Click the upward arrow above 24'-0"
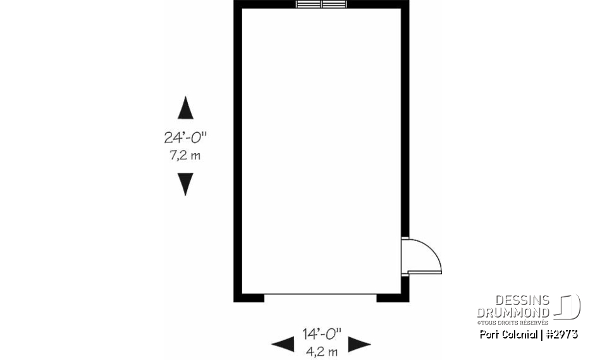185,108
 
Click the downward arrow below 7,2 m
185,184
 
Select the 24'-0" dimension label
185,137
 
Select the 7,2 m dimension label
185,155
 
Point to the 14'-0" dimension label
321,332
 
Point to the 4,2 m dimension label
321,351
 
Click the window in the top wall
321,4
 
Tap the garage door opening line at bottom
320,294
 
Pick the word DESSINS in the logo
522,301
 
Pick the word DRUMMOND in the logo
513,312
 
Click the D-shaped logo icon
568,307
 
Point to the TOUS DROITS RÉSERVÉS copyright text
518,322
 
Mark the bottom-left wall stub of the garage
249,297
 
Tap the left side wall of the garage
237,152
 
